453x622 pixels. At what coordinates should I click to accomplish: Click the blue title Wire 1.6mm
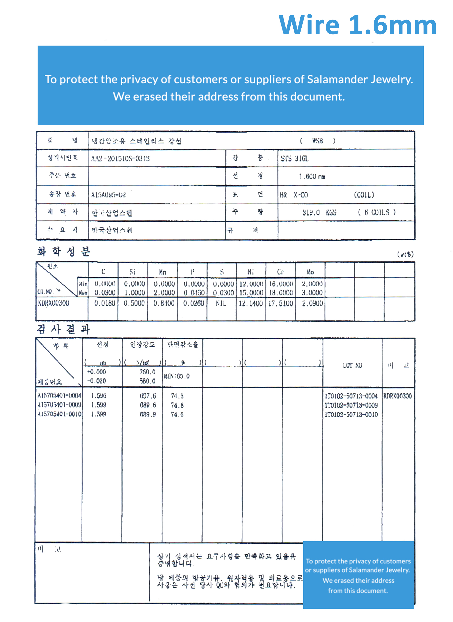coord(357,25)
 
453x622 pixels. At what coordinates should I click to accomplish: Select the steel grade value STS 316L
coord(294,159)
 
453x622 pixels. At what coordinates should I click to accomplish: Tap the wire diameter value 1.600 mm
coord(312,176)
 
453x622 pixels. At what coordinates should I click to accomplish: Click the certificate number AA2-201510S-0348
coord(120,159)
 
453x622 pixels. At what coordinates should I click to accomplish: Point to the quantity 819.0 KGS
coord(319,213)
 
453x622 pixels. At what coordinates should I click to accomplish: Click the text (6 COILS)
coord(377,212)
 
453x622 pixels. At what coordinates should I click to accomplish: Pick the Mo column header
coord(310,272)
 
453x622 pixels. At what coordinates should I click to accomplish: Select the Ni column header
coord(250,272)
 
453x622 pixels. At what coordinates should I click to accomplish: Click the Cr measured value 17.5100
coord(281,303)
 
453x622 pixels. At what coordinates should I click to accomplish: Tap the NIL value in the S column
coord(221,303)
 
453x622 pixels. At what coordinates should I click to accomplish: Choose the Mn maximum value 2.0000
coord(164,293)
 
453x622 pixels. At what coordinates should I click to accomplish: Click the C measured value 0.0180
coord(105,303)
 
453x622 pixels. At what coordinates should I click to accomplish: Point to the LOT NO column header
coord(352,365)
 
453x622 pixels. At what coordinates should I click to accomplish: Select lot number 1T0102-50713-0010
coord(351,414)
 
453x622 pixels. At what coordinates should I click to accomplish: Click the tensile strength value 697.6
coord(148,396)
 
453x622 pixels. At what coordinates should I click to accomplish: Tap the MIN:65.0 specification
coord(177,376)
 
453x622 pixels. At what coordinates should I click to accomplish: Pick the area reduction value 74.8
coord(177,405)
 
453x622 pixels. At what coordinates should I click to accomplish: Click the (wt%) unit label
coord(405,254)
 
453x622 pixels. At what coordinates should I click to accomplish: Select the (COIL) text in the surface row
coord(364,195)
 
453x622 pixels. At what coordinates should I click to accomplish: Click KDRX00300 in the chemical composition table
coord(54,303)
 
